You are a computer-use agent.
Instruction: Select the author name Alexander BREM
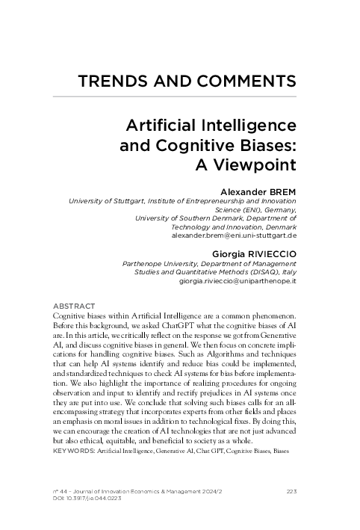pos(255,192)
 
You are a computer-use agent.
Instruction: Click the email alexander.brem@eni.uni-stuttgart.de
pos(235,235)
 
